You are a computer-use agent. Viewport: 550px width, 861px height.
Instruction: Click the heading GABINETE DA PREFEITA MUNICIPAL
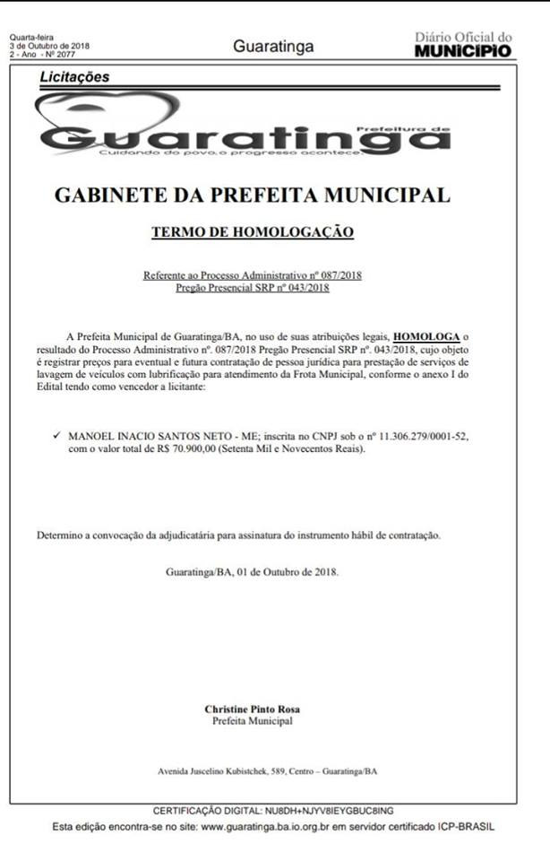(253, 195)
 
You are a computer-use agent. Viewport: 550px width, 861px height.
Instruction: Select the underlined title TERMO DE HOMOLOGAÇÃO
(253, 232)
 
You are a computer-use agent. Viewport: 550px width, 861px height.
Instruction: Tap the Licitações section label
(75, 77)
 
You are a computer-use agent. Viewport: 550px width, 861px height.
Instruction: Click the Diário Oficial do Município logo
(463, 44)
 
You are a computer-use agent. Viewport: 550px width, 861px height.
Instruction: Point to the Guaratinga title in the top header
(273, 46)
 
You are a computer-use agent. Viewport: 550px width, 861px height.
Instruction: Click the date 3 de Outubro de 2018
(49, 45)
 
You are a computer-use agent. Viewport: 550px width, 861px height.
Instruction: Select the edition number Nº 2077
(64, 53)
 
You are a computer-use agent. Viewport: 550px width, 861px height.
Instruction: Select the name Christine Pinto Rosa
(252, 709)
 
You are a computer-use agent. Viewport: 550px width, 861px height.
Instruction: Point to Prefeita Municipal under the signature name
(252, 720)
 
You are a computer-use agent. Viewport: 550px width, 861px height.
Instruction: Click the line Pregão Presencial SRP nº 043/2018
(253, 287)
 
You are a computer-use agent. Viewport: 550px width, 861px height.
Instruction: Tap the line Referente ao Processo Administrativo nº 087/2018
(253, 275)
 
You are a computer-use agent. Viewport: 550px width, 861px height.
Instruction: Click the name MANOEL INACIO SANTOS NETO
(149, 435)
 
